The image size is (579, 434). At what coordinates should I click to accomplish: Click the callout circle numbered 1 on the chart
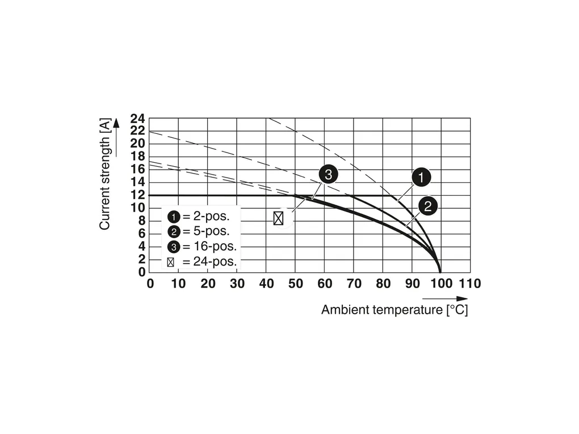click(421, 178)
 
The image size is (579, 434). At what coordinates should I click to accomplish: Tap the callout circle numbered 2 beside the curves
click(428, 207)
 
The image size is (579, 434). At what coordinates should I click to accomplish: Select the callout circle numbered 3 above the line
click(328, 175)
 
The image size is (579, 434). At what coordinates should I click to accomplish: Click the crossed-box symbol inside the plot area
click(278, 218)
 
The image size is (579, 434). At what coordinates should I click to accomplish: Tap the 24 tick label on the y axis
click(137, 119)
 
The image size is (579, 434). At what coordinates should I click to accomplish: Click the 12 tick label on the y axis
click(137, 195)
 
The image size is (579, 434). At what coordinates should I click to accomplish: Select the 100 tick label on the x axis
click(440, 284)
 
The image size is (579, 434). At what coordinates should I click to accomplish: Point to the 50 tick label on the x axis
click(295, 284)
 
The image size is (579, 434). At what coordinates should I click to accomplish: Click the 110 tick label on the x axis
click(469, 284)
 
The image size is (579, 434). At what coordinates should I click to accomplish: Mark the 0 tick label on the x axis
click(150, 284)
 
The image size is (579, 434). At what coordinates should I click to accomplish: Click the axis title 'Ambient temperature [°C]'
click(395, 310)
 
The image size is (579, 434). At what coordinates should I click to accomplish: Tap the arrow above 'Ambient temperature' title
click(445, 298)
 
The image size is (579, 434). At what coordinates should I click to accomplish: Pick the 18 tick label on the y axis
click(137, 157)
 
